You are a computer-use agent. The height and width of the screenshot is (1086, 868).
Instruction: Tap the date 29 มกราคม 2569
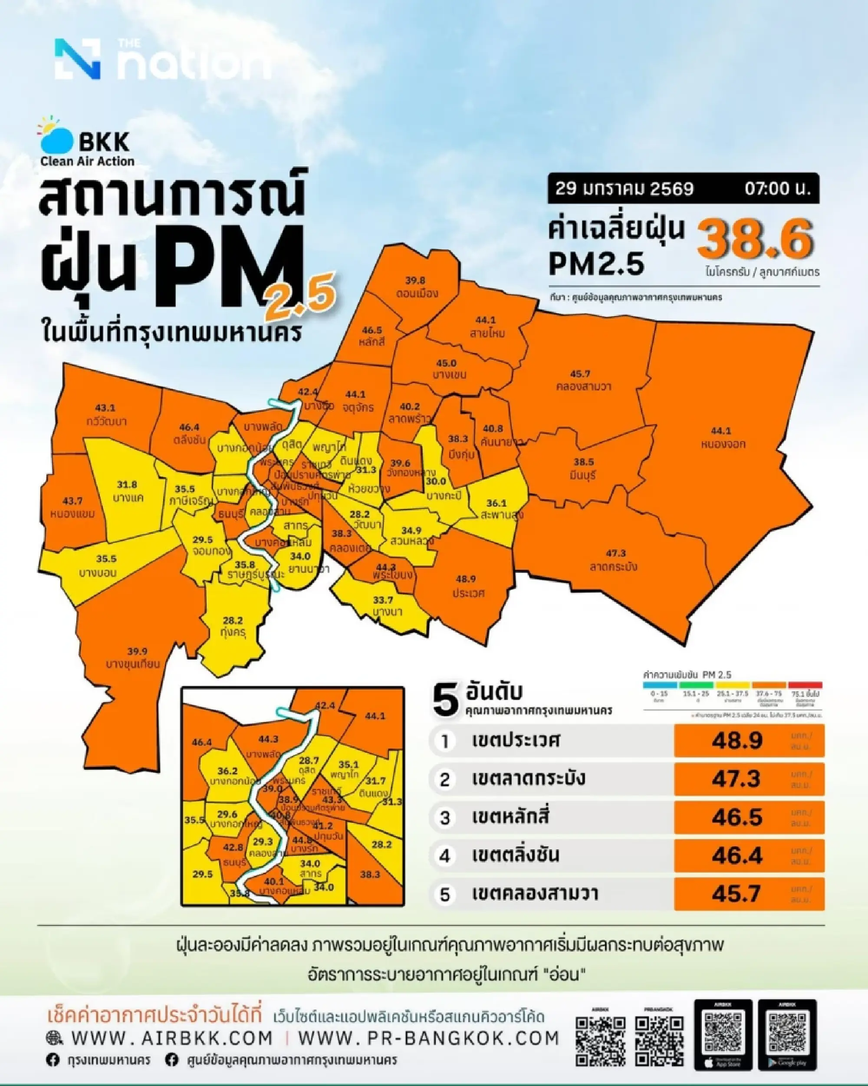click(625, 189)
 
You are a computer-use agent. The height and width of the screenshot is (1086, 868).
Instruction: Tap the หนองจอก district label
click(723, 444)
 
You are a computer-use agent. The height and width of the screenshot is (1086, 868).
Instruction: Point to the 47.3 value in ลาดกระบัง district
click(616, 553)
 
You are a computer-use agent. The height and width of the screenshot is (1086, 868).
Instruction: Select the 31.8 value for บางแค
click(127, 485)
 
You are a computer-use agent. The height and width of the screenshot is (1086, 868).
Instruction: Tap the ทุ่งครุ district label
click(233, 633)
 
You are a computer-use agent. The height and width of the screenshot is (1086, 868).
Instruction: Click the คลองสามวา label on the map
click(584, 386)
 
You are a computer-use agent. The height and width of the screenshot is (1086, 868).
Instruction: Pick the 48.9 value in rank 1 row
click(737, 740)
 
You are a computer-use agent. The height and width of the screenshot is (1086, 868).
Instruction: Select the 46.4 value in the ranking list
click(737, 855)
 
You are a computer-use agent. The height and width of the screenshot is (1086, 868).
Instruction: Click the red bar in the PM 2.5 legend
click(805, 685)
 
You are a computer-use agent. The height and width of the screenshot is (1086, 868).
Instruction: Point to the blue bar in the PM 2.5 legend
click(660, 685)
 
